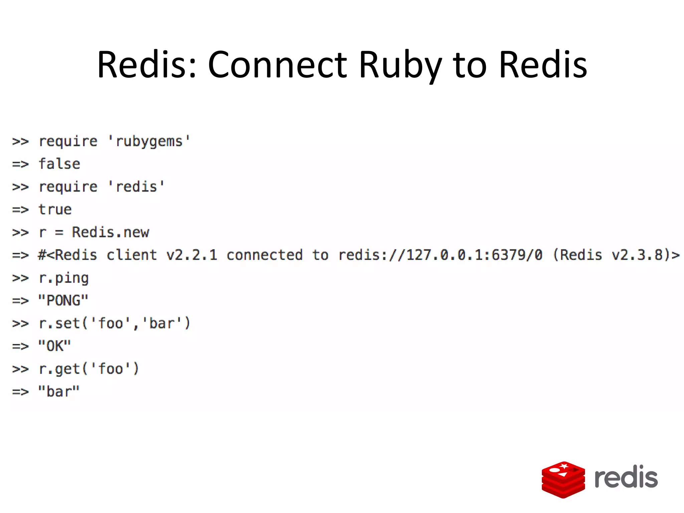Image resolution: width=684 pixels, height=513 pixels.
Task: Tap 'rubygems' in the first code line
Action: click(149, 142)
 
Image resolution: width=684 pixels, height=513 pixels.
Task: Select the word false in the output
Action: click(59, 164)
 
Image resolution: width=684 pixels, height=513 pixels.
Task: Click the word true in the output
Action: click(55, 210)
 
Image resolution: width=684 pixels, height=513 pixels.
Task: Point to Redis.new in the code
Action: click(111, 232)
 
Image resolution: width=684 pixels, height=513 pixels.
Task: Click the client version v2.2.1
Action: click(192, 255)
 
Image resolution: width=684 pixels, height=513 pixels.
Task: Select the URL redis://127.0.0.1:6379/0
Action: click(440, 255)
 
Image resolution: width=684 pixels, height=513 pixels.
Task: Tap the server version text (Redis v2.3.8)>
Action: click(616, 255)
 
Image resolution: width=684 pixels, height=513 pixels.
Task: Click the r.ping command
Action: click(64, 278)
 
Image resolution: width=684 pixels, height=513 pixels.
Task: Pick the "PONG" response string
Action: click(63, 301)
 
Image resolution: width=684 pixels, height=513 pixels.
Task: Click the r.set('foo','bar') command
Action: click(114, 324)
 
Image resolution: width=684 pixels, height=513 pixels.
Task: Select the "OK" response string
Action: click(54, 346)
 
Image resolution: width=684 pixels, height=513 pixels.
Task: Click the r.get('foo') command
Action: click(89, 369)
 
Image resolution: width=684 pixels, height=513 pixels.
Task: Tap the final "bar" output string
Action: click(59, 392)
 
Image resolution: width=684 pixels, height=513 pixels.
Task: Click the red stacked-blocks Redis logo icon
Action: click(563, 480)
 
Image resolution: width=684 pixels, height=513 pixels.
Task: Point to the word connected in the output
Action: click(265, 255)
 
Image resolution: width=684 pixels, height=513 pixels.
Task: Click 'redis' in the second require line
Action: click(136, 187)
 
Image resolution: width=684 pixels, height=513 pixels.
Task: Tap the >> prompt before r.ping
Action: click(20, 278)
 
